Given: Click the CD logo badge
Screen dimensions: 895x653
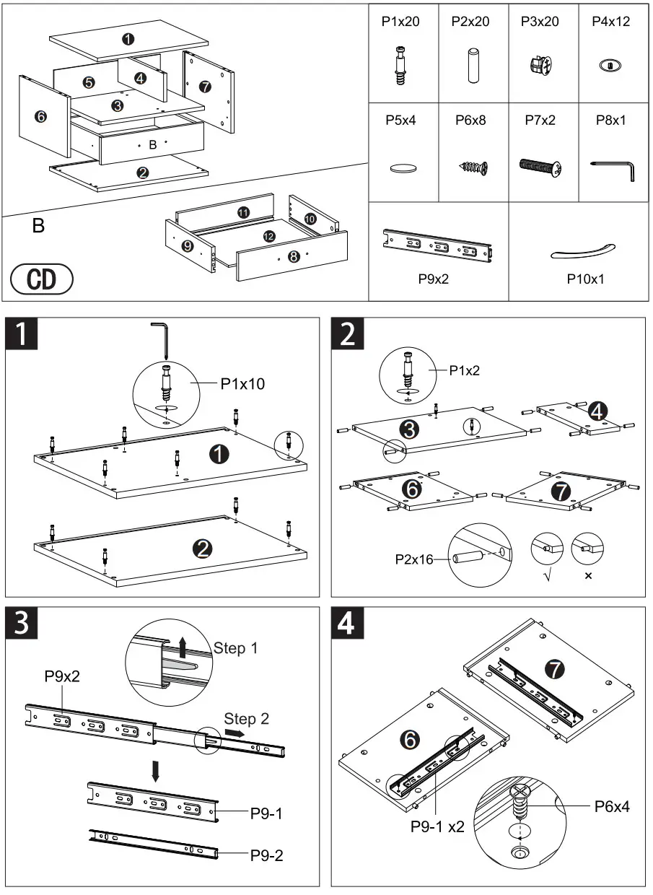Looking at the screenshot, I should [x=42, y=279].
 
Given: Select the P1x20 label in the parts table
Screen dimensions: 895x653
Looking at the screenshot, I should [x=400, y=22].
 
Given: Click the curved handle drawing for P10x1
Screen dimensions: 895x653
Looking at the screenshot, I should [x=582, y=250].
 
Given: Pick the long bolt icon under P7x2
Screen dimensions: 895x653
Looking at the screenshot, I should [x=541, y=167].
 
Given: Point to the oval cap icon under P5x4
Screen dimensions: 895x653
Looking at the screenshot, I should [x=403, y=168].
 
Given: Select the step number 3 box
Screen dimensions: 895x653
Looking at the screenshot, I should [x=22, y=623].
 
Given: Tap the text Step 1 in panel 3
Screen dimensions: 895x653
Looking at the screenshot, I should [x=235, y=647].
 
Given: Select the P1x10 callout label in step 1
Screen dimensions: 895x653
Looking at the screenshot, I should [x=242, y=384].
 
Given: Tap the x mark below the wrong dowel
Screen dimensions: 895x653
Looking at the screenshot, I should [x=588, y=576].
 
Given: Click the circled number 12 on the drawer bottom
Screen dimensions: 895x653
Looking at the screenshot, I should [x=268, y=236].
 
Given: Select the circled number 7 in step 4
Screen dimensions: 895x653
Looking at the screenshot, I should [x=554, y=669].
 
